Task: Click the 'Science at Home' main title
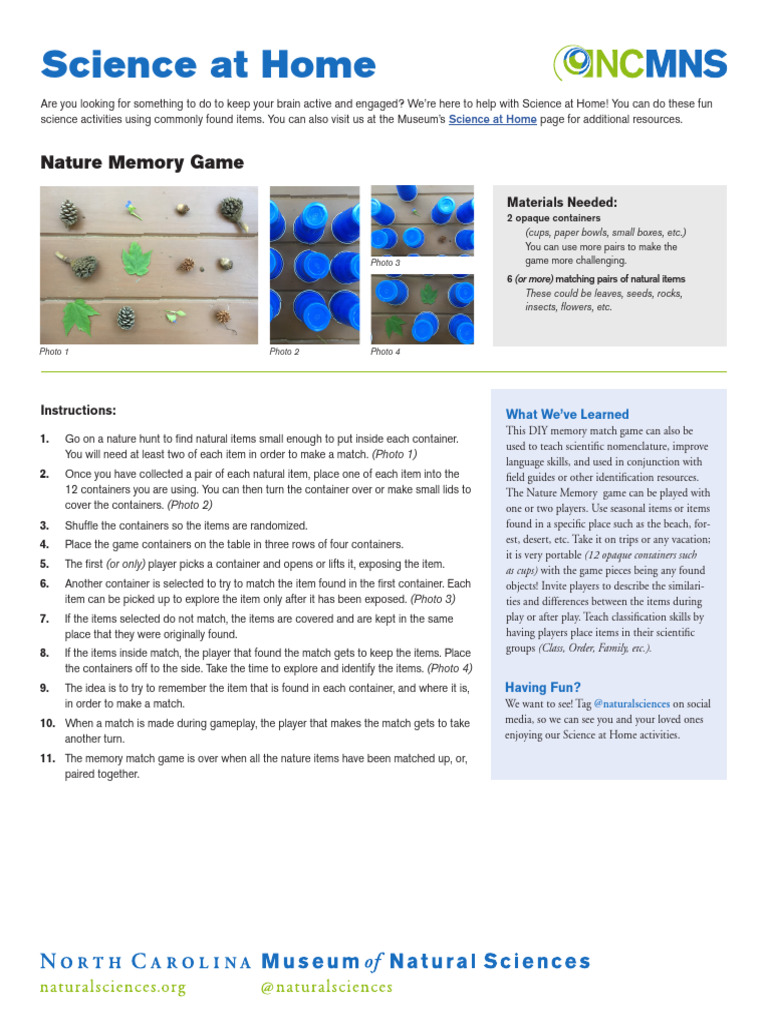tap(208, 66)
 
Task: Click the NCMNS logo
tap(640, 65)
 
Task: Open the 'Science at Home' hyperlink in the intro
tap(492, 120)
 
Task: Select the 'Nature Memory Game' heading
tap(141, 162)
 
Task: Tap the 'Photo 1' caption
tap(55, 352)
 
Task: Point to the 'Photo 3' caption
tap(385, 263)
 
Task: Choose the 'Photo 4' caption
tap(385, 352)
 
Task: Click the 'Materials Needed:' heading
tap(562, 201)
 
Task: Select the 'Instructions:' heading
tap(78, 410)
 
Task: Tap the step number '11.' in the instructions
tap(47, 759)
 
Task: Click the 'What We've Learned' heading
tap(567, 414)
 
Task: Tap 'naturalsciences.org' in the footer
tap(113, 988)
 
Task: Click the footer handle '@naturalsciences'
tap(326, 988)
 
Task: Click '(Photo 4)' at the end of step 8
tap(450, 668)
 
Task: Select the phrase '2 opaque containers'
tap(554, 218)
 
